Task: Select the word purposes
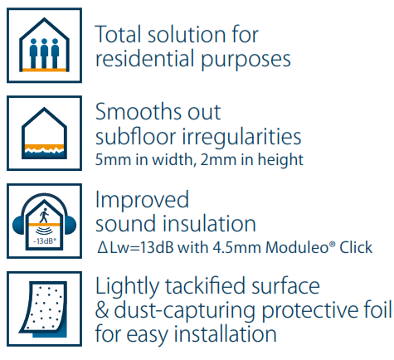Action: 246,61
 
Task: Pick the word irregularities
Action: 241,138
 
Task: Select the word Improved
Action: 142,201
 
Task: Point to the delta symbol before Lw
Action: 102,248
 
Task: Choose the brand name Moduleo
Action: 300,247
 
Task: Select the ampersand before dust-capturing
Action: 102,310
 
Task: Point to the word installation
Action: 225,333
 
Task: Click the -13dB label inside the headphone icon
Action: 45,241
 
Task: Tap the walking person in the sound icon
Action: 44,216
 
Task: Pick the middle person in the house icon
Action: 44,53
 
